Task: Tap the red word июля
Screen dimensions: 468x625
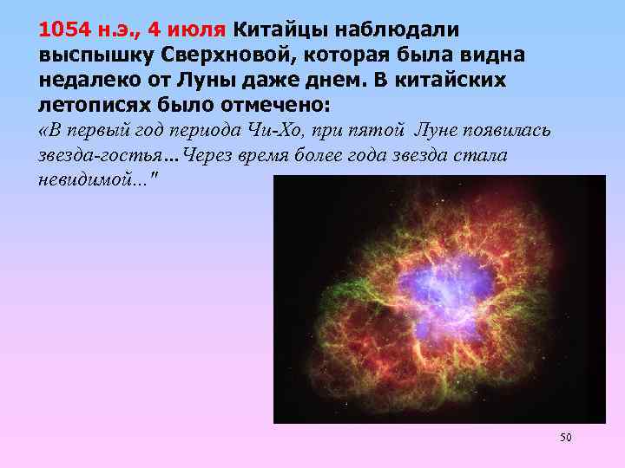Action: (x=201, y=29)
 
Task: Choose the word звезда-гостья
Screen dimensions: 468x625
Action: (x=102, y=157)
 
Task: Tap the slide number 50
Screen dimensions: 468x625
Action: (x=566, y=438)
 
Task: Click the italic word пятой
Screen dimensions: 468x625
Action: (x=376, y=131)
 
